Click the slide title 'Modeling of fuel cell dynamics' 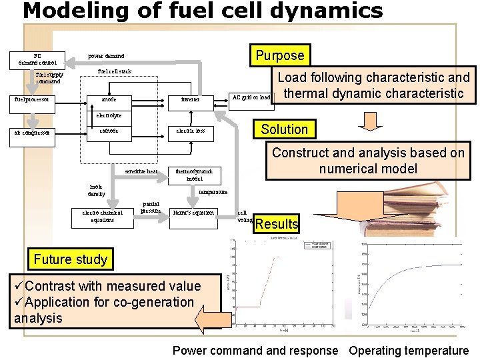point(203,11)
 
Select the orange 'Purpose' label point(281,55)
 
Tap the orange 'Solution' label point(284,129)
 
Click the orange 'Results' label point(277,223)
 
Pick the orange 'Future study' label point(70,259)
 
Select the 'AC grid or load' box point(251,97)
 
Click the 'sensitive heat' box point(141,171)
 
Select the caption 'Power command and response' point(255,350)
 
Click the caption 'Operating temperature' point(409,350)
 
